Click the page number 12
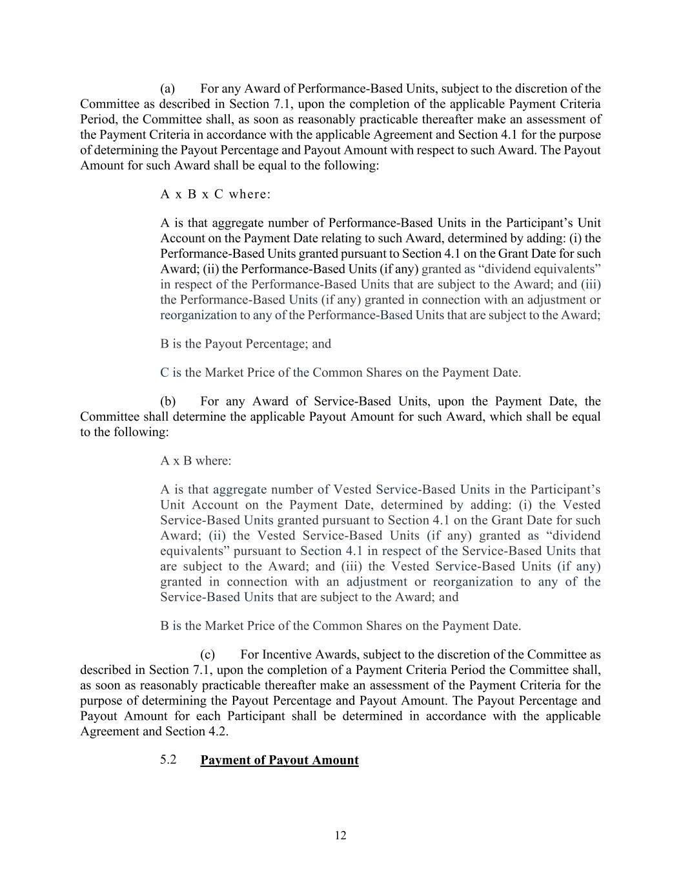pyautogui.click(x=340, y=835)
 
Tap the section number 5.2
pyautogui.click(x=168, y=759)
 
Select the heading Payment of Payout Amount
pyautogui.click(x=280, y=760)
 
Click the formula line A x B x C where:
pyautogui.click(x=216, y=194)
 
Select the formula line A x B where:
pyautogui.click(x=196, y=461)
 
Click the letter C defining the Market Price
pyautogui.click(x=165, y=372)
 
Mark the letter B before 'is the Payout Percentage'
pyautogui.click(x=165, y=344)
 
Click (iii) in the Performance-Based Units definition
pyautogui.click(x=591, y=284)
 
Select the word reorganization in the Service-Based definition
pyautogui.click(x=473, y=582)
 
